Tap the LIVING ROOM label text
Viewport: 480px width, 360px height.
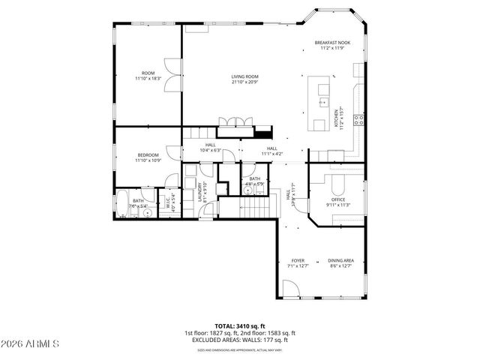pos(244,76)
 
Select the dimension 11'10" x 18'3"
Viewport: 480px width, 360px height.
pos(148,78)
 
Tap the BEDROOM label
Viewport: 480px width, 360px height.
pos(148,155)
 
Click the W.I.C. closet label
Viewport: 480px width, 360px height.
pos(169,201)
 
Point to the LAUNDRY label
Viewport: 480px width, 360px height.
pos(199,192)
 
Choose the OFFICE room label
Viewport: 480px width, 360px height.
pos(338,199)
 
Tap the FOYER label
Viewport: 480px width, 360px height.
pos(298,261)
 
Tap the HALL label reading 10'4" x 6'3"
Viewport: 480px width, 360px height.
pos(209,147)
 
